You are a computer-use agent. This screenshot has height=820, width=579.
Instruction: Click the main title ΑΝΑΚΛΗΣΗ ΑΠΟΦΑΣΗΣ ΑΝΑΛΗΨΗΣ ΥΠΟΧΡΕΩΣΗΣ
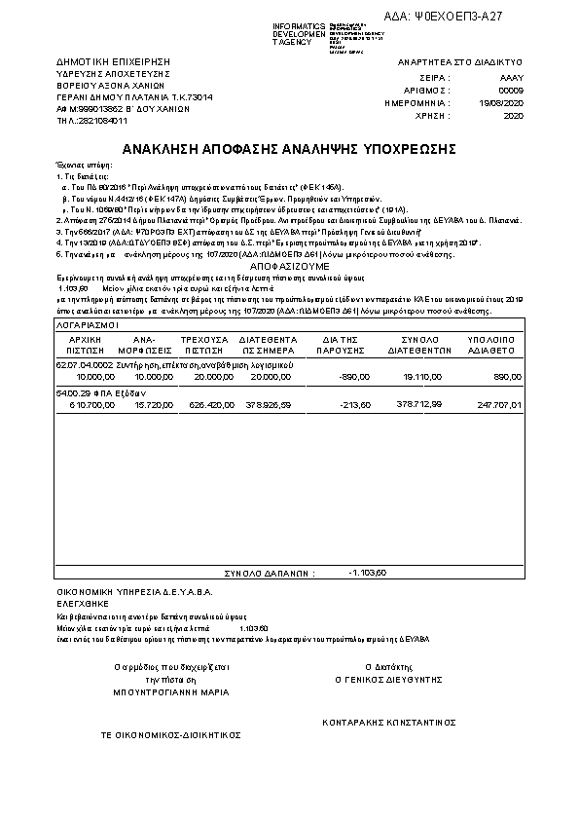(x=289, y=149)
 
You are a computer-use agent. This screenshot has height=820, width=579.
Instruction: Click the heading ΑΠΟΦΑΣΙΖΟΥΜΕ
(x=289, y=265)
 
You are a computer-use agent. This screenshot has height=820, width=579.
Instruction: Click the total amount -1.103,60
(x=368, y=572)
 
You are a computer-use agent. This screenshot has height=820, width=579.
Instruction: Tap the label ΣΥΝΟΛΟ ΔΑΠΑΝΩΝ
(x=270, y=574)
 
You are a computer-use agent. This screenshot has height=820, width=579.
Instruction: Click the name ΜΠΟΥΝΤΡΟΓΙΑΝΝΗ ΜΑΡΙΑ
(x=170, y=692)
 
